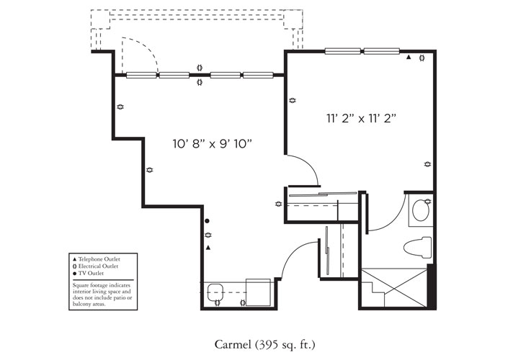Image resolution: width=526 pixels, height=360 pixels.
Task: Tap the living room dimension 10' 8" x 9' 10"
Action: tap(216, 144)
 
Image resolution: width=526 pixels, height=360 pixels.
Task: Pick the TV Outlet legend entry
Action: tap(90, 274)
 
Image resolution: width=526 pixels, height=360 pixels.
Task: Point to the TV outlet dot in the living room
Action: tap(208, 221)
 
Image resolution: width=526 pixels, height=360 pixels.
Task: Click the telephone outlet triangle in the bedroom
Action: tap(409, 58)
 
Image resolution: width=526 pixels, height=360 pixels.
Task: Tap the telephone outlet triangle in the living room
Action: tap(208, 248)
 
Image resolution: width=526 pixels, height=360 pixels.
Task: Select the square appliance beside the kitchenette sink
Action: tap(257, 292)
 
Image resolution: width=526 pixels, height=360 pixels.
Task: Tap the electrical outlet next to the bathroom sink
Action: tap(428, 200)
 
